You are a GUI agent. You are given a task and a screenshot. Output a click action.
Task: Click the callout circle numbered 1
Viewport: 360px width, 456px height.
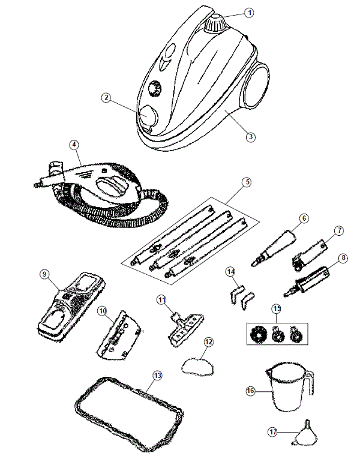click(x=250, y=12)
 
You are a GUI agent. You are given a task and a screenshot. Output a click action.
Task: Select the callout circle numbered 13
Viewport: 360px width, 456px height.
click(x=157, y=375)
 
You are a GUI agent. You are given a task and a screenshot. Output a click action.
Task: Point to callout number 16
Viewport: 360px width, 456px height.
click(x=250, y=390)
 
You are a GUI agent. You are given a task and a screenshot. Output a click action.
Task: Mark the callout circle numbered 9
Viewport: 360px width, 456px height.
click(x=44, y=274)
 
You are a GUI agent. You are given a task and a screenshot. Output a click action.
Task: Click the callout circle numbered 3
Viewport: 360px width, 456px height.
click(x=251, y=136)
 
